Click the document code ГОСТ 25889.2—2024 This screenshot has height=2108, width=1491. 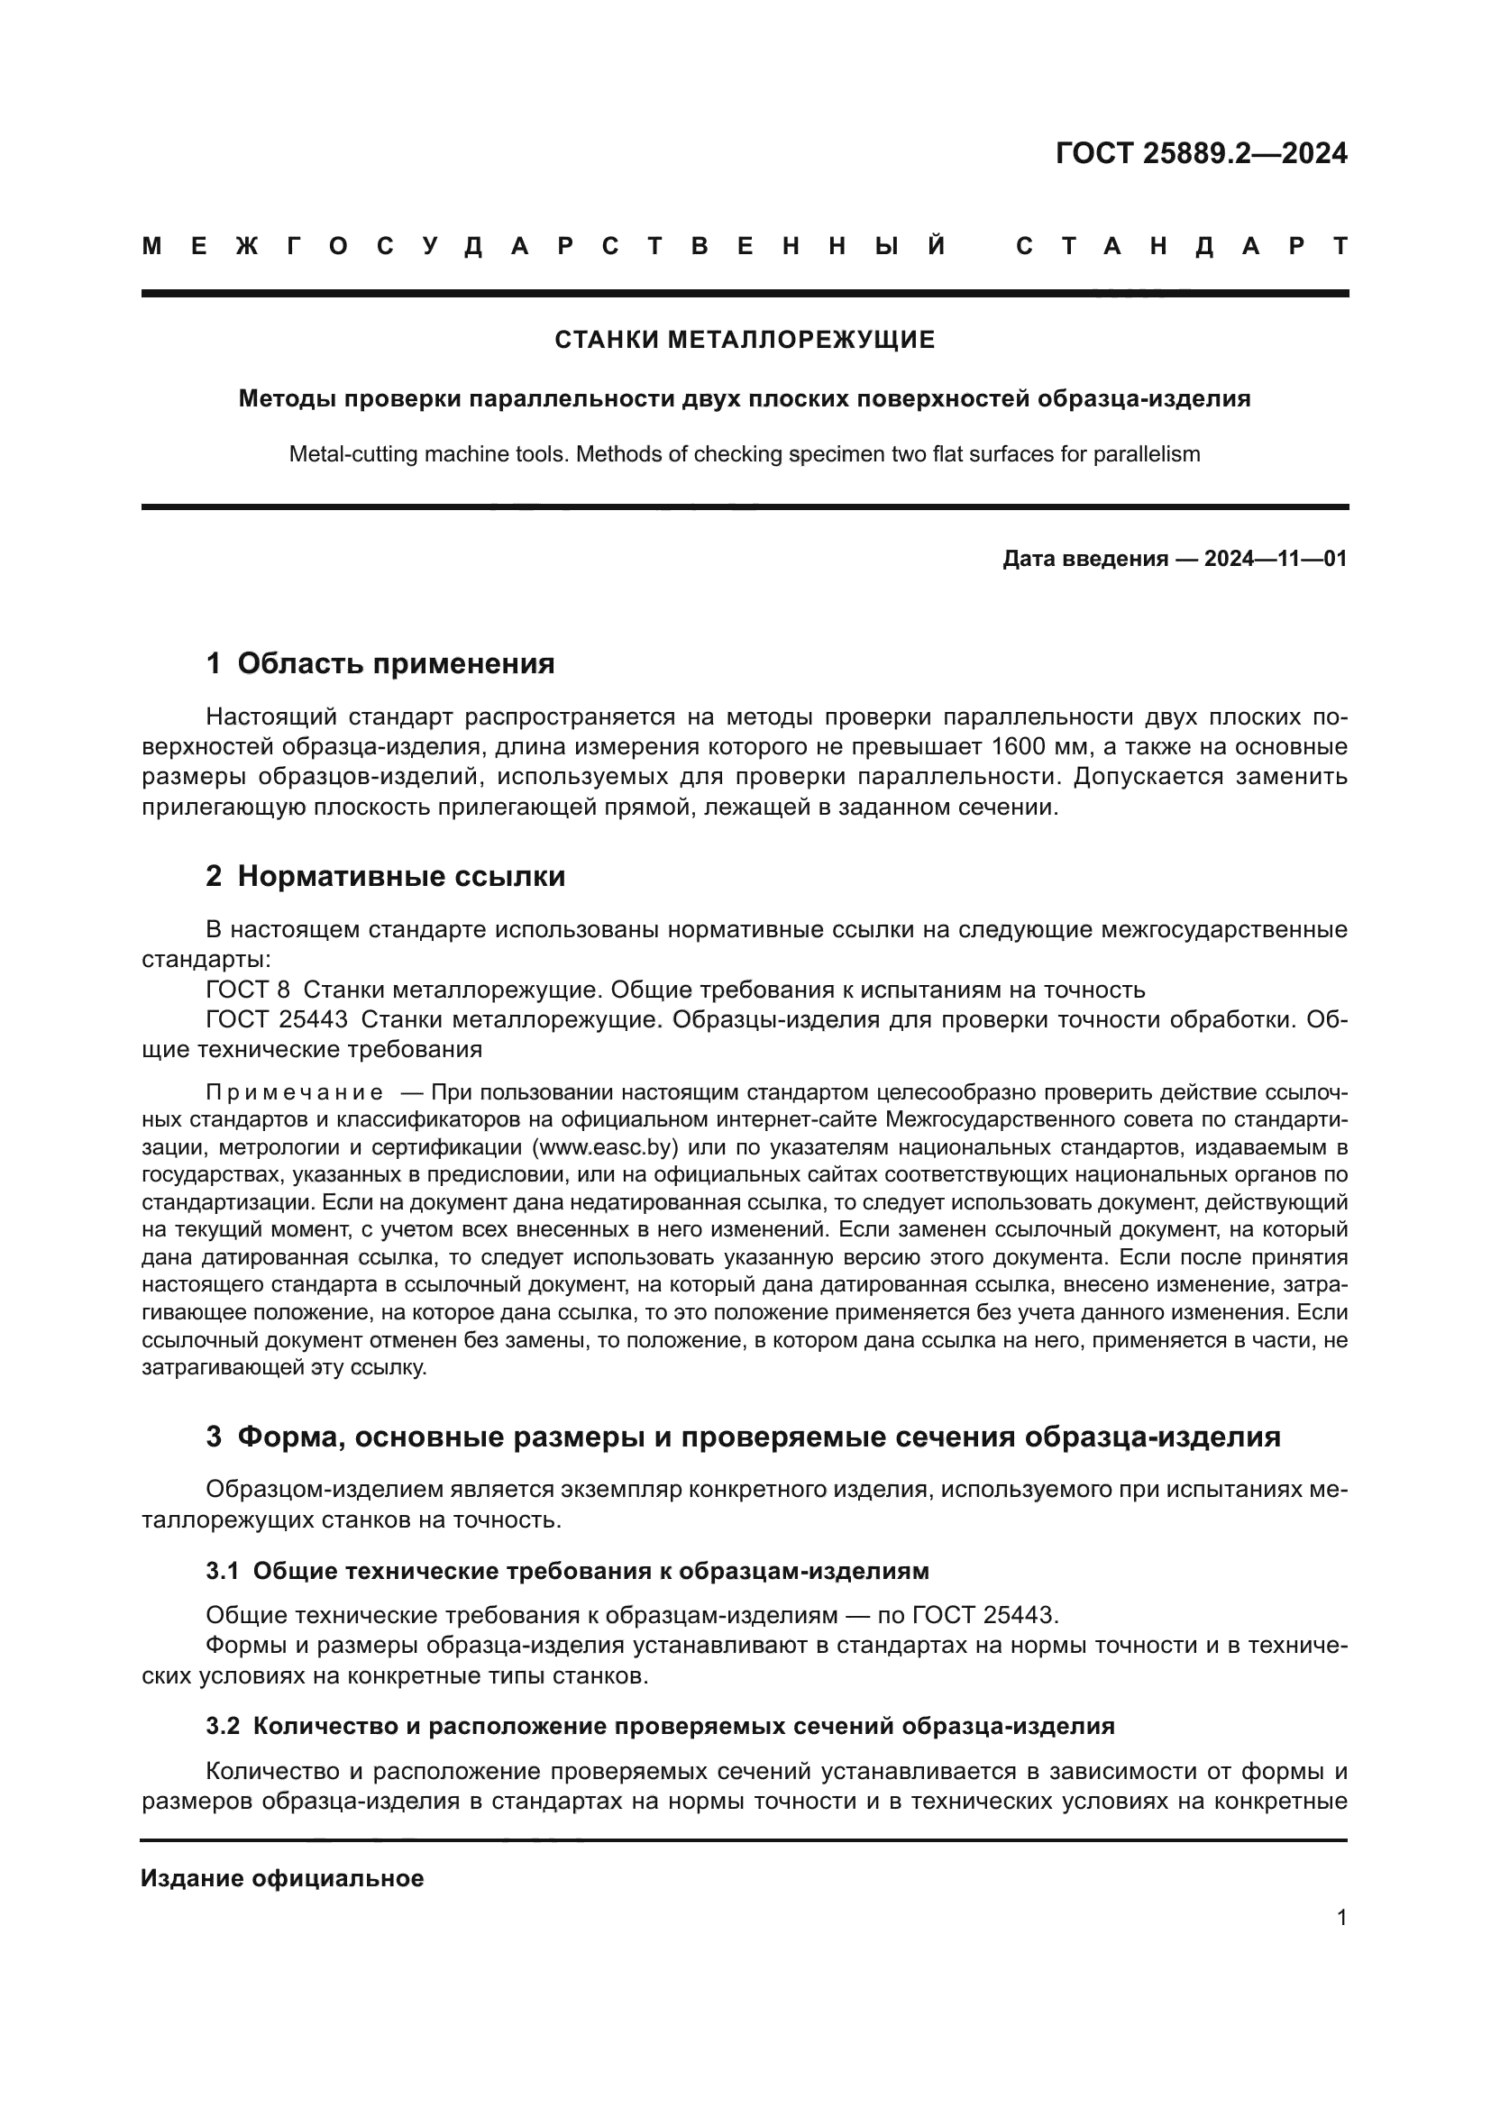pyautogui.click(x=1201, y=152)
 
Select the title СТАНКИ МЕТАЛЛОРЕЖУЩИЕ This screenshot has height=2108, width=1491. pyautogui.click(x=745, y=340)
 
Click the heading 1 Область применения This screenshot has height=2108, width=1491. pyautogui.click(x=380, y=663)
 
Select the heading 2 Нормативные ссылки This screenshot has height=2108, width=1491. pyautogui.click(x=386, y=876)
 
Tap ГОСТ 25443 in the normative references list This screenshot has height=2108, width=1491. pyautogui.click(x=277, y=1019)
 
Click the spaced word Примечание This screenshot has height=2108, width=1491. pyautogui.click(x=295, y=1092)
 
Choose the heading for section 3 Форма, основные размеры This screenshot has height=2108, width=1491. pyautogui.click(x=743, y=1437)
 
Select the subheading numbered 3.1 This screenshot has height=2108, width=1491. pyautogui.click(x=567, y=1571)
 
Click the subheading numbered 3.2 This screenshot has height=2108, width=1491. pyautogui.click(x=659, y=1726)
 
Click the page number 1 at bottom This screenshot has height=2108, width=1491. pyautogui.click(x=1341, y=1917)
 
